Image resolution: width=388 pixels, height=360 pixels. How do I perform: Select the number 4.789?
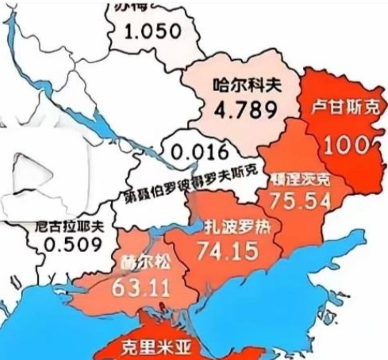245,110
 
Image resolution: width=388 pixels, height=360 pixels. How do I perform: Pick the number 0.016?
200,152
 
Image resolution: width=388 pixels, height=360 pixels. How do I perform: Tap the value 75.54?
300,200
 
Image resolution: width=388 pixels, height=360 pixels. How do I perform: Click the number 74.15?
228,250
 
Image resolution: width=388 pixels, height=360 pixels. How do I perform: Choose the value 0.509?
73,245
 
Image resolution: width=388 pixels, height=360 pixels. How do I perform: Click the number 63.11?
141,288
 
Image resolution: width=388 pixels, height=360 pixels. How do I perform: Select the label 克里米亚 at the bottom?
156,347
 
